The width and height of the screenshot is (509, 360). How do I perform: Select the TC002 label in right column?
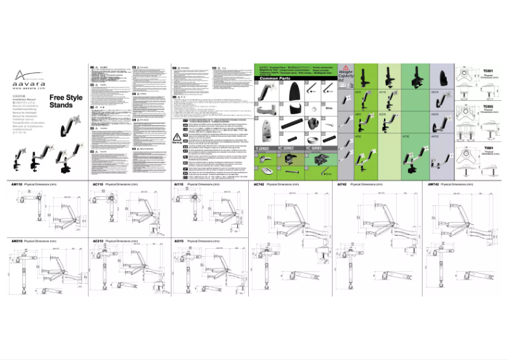click(x=488, y=107)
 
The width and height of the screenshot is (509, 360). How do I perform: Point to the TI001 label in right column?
click(x=488, y=147)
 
